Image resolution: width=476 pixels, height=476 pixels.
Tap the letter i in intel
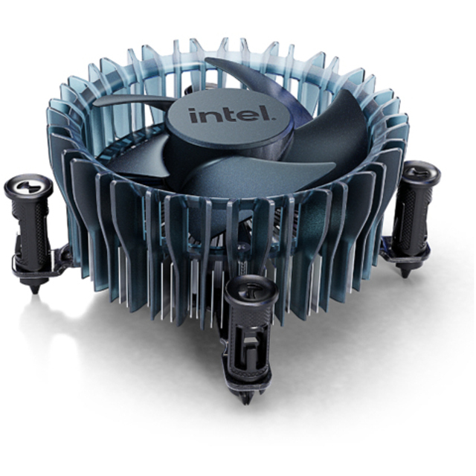(x=193, y=116)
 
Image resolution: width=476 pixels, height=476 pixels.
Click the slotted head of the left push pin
(x=28, y=185)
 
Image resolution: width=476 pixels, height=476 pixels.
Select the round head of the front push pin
(x=251, y=290)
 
